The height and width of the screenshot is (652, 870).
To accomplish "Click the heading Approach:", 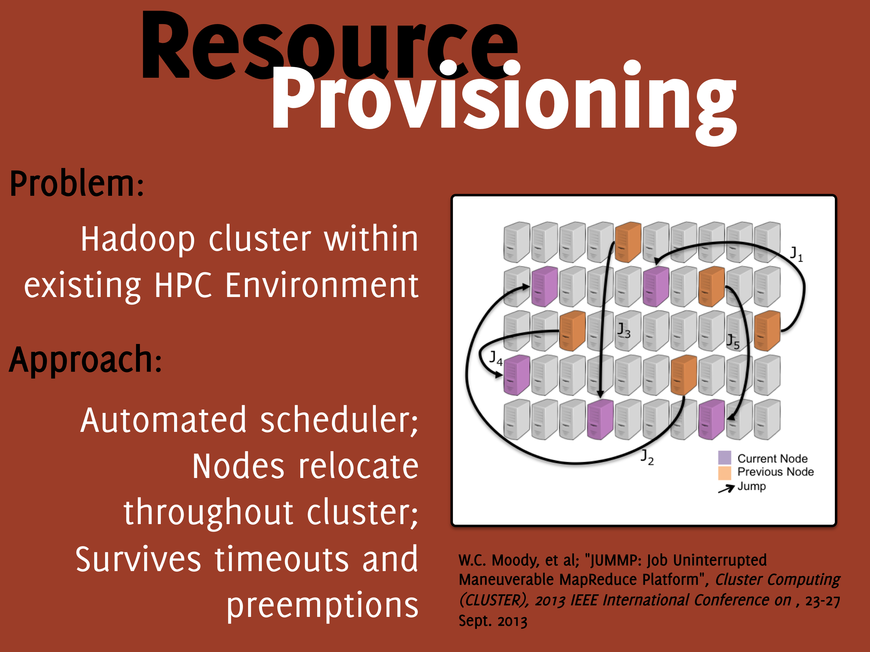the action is tap(85, 360).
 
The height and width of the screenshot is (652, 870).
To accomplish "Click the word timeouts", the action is tap(281, 560).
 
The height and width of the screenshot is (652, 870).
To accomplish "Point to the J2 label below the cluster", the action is tap(647, 457).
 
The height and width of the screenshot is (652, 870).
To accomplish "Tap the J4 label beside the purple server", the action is tap(496, 358).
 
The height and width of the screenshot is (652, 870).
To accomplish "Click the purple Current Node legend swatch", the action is tap(725, 457).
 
